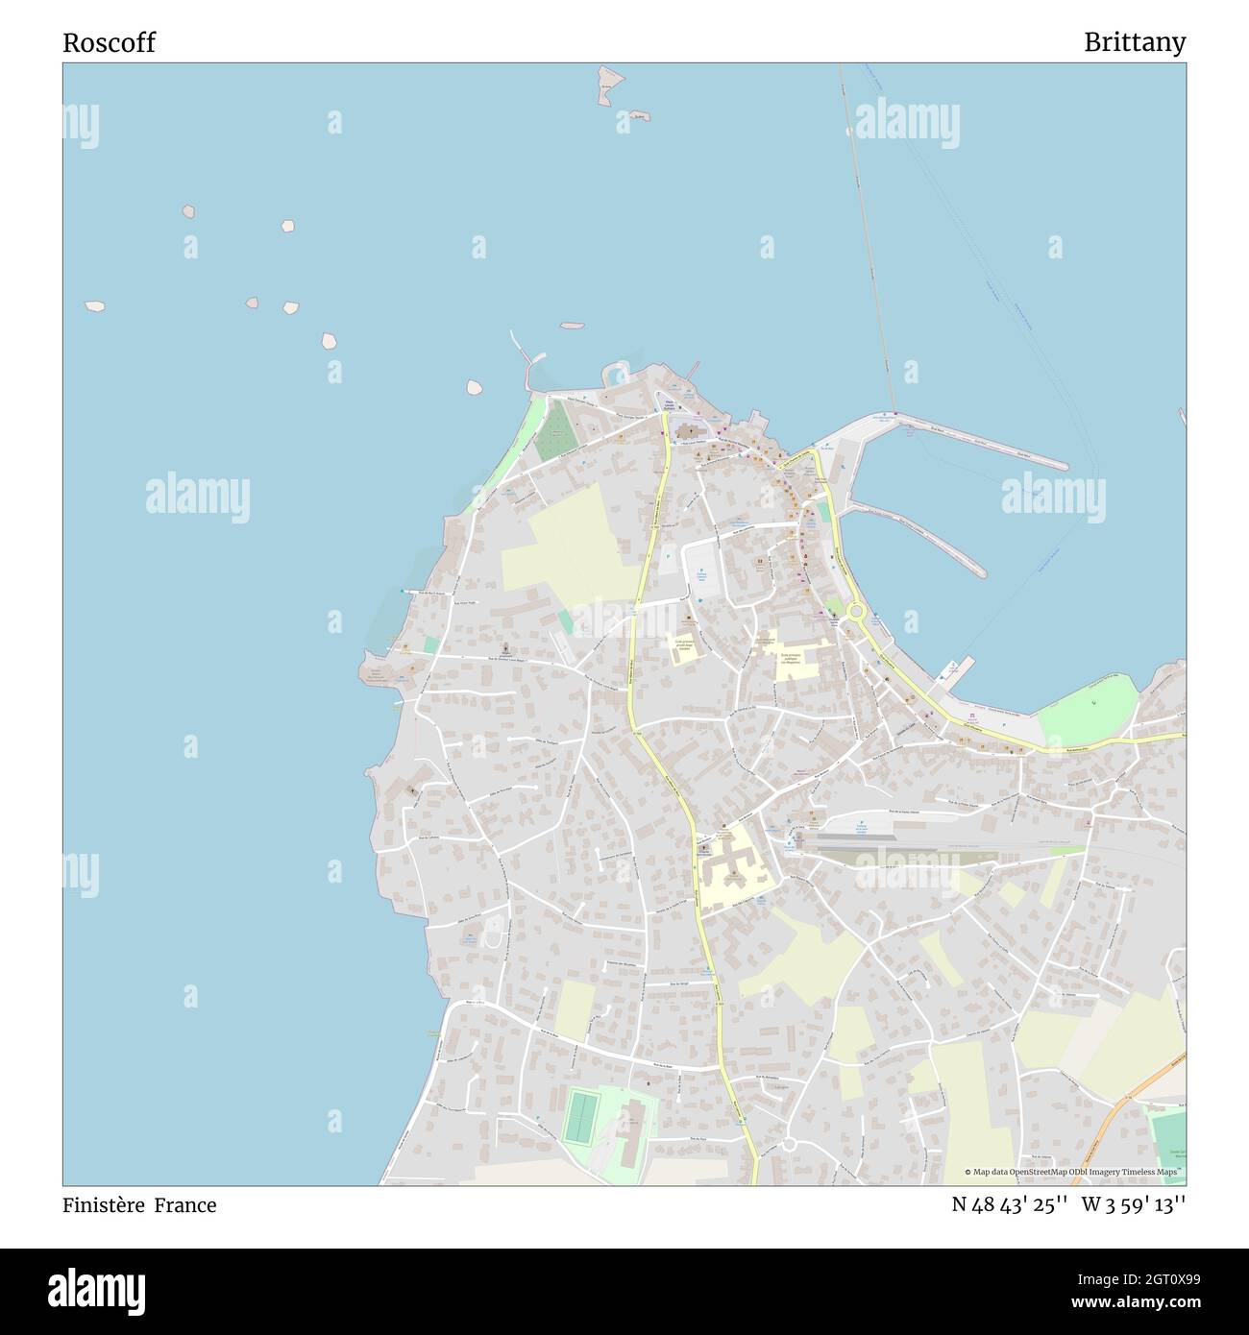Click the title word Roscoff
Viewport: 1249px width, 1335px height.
pos(109,42)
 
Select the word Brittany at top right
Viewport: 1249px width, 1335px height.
pos(1134,42)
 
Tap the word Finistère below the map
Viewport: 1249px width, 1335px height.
pos(103,1204)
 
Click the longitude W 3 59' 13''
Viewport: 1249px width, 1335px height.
pos(1134,1204)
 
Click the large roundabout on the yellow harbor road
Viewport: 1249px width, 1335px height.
pos(855,611)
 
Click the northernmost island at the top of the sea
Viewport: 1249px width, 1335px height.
pos(607,85)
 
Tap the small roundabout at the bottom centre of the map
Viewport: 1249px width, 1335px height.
pos(790,1143)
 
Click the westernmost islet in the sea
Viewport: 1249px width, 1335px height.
pos(94,306)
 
